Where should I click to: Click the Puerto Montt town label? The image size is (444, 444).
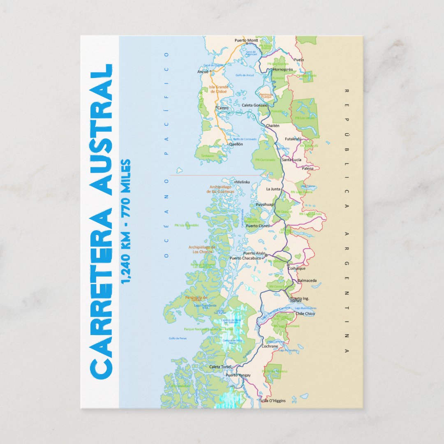(246, 40)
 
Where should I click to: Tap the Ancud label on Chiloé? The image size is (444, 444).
(203, 72)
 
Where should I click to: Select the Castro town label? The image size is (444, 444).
(222, 108)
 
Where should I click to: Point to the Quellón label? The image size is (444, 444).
(236, 144)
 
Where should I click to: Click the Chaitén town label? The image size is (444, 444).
(273, 126)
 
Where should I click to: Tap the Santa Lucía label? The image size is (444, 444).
(291, 160)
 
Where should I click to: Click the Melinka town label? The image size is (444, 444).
(243, 182)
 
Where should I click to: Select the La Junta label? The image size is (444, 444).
(273, 189)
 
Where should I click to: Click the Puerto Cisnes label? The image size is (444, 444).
(258, 226)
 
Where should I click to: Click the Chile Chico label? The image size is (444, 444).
(305, 314)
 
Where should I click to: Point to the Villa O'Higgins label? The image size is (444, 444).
(273, 400)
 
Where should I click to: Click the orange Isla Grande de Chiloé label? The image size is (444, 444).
(218, 89)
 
